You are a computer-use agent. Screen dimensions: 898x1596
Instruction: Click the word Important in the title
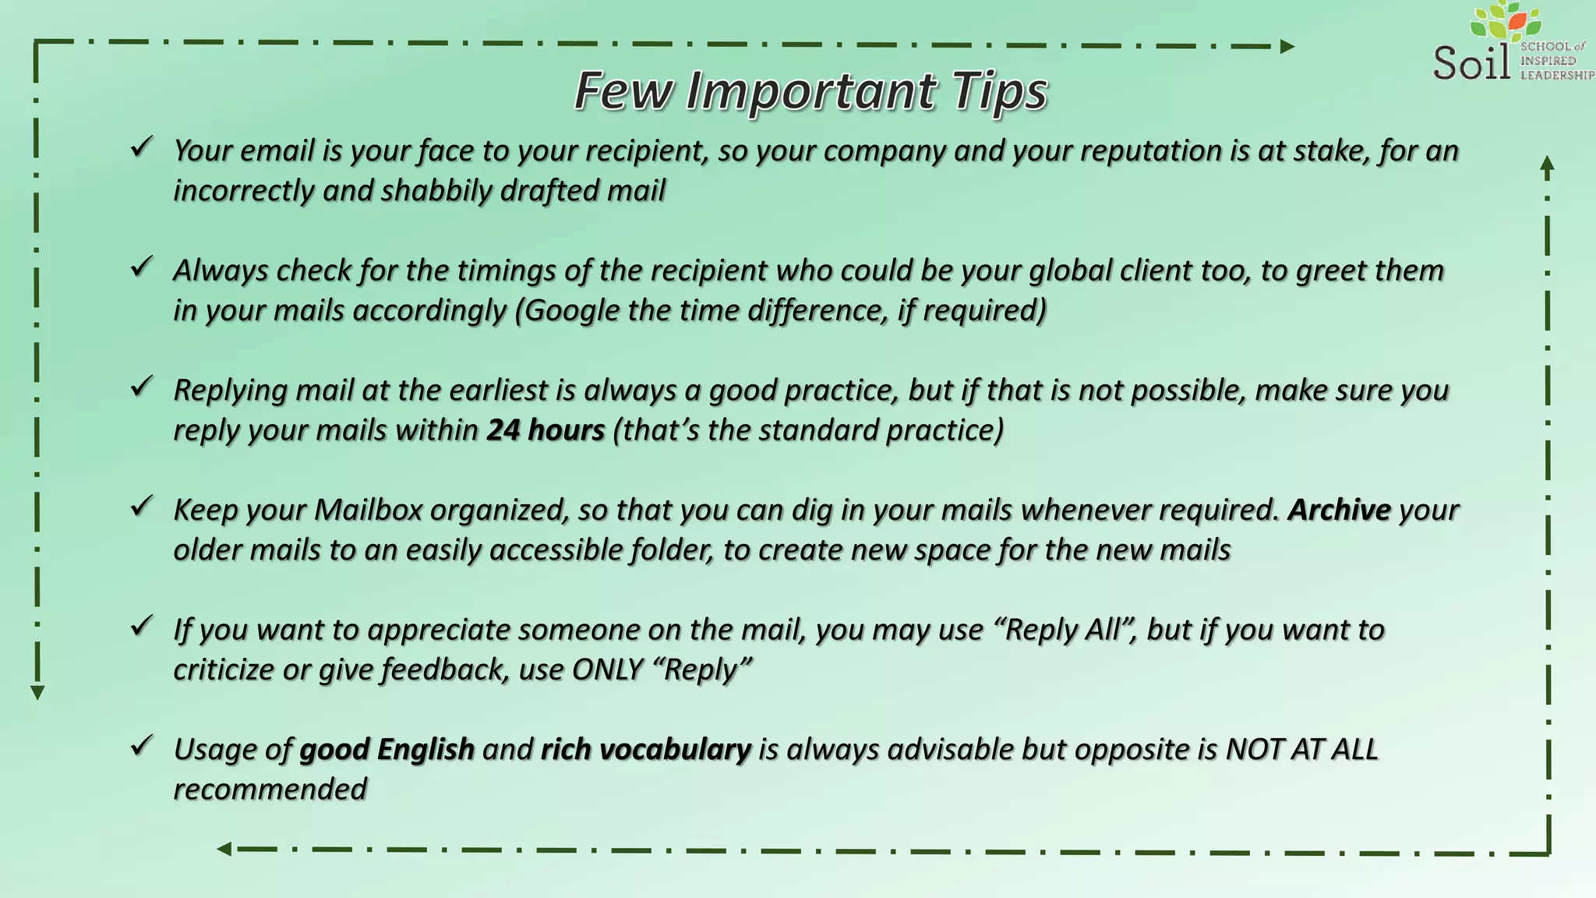point(810,91)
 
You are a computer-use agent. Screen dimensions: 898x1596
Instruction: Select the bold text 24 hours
point(546,430)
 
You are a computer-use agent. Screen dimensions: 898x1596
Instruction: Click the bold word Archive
point(1339,510)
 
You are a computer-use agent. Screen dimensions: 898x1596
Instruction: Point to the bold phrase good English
point(387,750)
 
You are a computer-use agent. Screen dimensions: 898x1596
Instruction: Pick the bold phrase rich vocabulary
point(645,750)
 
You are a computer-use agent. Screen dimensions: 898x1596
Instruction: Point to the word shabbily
point(436,191)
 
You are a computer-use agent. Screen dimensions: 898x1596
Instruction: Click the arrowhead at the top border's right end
point(1287,47)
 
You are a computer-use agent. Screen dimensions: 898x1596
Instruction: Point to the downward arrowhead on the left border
point(37,692)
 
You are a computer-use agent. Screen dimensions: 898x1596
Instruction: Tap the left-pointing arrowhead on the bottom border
point(224,849)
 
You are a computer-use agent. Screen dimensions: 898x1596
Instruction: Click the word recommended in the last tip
point(270,790)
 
